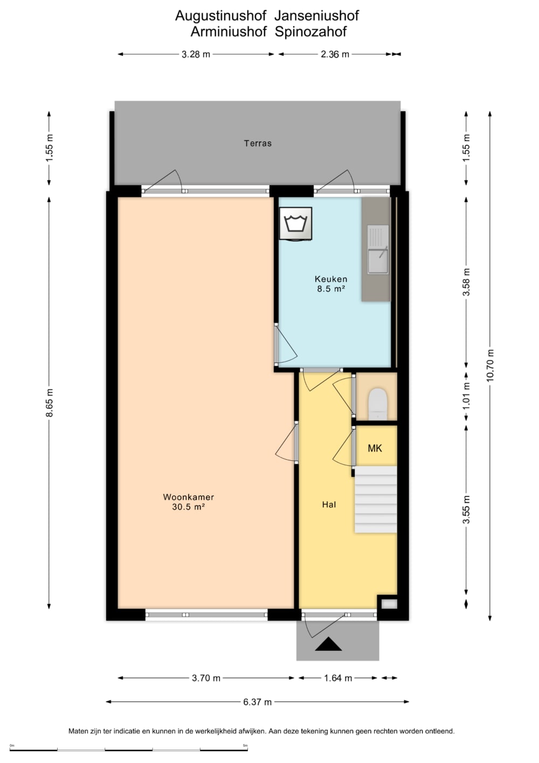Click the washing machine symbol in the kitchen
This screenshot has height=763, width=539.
click(x=295, y=223)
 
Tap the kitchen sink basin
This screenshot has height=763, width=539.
click(x=378, y=261)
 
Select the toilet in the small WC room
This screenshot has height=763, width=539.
click(x=378, y=404)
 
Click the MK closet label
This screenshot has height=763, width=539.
click(x=375, y=448)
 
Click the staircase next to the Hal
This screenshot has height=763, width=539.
click(x=376, y=499)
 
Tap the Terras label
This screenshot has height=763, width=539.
click(x=258, y=143)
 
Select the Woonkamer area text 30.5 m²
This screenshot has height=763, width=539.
click(x=188, y=507)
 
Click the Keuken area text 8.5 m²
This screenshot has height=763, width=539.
click(x=331, y=289)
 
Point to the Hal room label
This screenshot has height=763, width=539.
click(x=329, y=505)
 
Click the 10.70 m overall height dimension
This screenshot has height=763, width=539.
click(x=490, y=365)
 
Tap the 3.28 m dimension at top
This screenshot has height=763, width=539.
click(x=196, y=54)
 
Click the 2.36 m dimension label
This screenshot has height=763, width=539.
click(x=335, y=54)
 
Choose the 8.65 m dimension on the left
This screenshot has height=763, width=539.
click(x=50, y=403)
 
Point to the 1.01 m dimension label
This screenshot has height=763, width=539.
click(x=466, y=396)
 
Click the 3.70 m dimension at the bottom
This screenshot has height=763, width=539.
click(x=206, y=678)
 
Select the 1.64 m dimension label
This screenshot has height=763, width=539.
click(x=337, y=678)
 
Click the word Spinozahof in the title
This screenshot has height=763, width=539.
click(x=310, y=32)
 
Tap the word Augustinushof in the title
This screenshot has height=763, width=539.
click(x=221, y=16)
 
